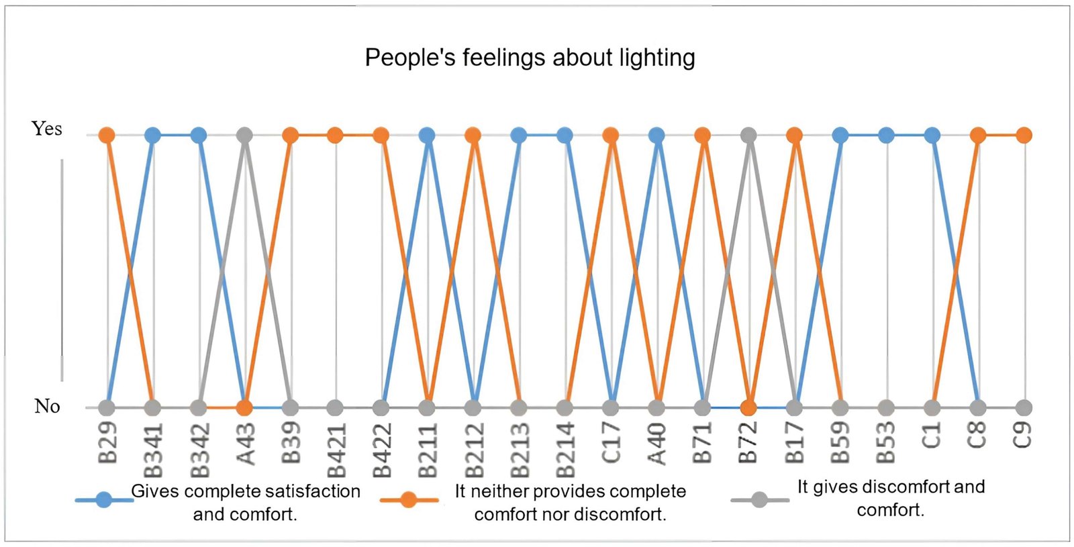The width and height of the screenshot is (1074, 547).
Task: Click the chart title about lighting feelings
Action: click(530, 58)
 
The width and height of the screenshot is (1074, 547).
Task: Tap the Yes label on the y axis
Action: click(47, 128)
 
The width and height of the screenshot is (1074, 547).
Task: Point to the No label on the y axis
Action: click(47, 406)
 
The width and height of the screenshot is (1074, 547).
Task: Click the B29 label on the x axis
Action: click(108, 443)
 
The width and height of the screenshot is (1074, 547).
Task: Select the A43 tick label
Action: click(246, 444)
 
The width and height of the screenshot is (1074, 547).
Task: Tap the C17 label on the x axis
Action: click(611, 443)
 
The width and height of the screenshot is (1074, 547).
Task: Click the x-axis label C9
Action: click(1022, 435)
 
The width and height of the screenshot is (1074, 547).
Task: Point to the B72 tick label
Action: click(748, 443)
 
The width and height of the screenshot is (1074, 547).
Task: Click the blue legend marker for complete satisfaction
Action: click(104, 500)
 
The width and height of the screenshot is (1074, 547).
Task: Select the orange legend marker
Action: click(408, 500)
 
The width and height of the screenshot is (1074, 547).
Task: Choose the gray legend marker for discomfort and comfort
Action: click(759, 500)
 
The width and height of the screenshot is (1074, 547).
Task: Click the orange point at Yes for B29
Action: click(107, 136)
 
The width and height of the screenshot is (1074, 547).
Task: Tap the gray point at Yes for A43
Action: click(245, 136)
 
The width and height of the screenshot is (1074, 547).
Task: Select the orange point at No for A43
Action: click(244, 407)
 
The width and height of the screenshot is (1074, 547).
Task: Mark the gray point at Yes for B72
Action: click(748, 136)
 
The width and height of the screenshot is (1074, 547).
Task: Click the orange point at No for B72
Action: click(748, 407)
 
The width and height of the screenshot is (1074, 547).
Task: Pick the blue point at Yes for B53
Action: click(886, 136)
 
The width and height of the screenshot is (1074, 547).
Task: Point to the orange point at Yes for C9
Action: click(1023, 136)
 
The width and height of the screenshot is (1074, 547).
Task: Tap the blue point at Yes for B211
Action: click(427, 136)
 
